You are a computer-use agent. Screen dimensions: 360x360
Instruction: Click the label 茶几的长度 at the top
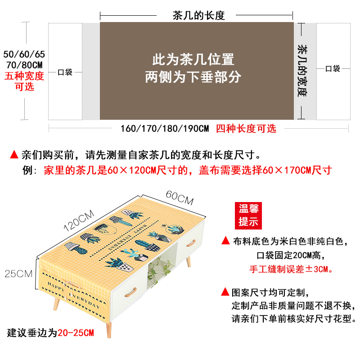[x=198, y=15]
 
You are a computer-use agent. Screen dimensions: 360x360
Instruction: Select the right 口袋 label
[x=333, y=69]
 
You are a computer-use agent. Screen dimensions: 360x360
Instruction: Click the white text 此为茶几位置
[x=193, y=60]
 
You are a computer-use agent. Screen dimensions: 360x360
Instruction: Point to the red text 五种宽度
[x=24, y=76]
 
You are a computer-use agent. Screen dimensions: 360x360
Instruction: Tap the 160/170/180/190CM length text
[x=165, y=129]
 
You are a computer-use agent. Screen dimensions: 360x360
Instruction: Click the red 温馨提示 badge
[x=249, y=215]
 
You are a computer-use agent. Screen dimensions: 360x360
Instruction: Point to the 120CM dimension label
[x=79, y=219]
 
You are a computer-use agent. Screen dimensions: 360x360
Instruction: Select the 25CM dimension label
[x=18, y=273]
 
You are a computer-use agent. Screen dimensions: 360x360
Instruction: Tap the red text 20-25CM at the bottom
[x=76, y=333]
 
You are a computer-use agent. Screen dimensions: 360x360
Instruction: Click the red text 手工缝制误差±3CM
[x=291, y=269]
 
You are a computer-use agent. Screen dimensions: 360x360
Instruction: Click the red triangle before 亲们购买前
[x=14, y=155]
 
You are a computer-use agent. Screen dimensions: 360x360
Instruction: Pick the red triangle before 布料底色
[x=225, y=240]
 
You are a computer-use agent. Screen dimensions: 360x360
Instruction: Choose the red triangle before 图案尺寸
[x=225, y=292]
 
